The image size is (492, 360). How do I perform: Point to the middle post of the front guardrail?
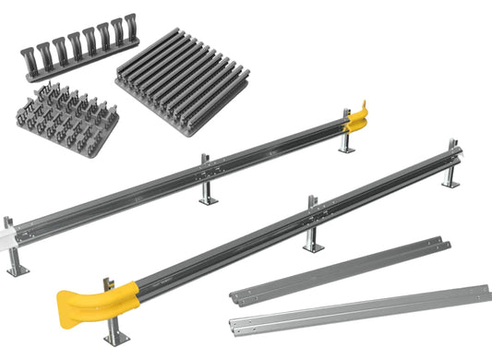(x=313, y=226)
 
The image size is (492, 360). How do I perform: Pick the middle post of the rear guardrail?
(x=205, y=184)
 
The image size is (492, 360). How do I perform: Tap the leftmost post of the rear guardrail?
(x=12, y=249)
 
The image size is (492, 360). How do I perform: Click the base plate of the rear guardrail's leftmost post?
(x=16, y=270)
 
